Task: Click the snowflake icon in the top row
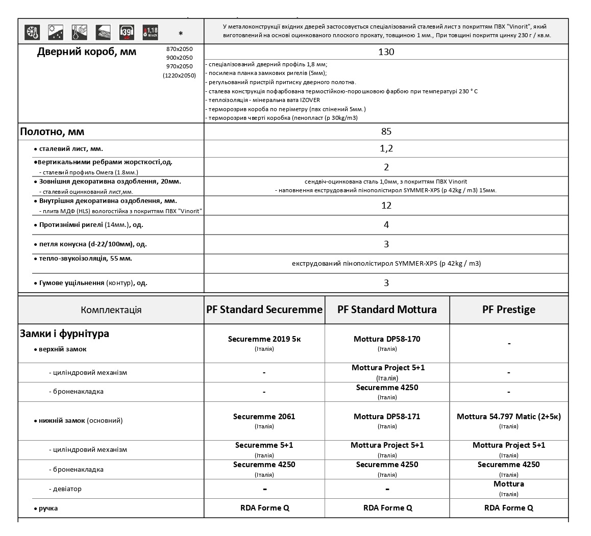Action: coord(33,32)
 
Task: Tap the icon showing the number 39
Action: coord(127,32)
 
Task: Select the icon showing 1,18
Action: coord(150,32)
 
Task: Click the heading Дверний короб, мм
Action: coord(87,52)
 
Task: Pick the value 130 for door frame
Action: coord(386,52)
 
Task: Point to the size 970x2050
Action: coord(180,66)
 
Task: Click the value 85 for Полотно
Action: coord(386,132)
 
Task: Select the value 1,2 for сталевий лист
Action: coord(386,148)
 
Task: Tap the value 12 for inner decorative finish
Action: coord(386,206)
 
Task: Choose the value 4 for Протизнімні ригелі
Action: coord(386,225)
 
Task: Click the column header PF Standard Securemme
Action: coord(264,310)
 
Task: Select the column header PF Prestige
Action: coord(509,310)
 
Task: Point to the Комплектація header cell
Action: coord(111,310)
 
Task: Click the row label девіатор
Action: coord(67,489)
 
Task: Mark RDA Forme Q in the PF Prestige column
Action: coord(509,508)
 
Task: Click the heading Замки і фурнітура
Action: coord(64,334)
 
